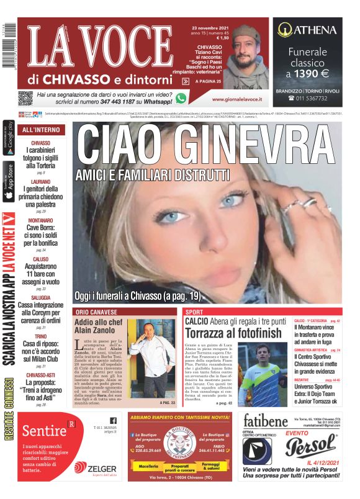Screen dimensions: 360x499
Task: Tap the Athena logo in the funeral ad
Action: coord(307,29)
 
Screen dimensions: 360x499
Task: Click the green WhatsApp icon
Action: coord(181,98)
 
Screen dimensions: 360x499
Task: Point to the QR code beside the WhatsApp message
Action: coord(25,98)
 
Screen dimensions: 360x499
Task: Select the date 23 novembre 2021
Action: coord(210,29)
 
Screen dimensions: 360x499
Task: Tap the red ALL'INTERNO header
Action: coord(41,130)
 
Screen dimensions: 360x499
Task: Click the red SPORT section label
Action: coord(194,312)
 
